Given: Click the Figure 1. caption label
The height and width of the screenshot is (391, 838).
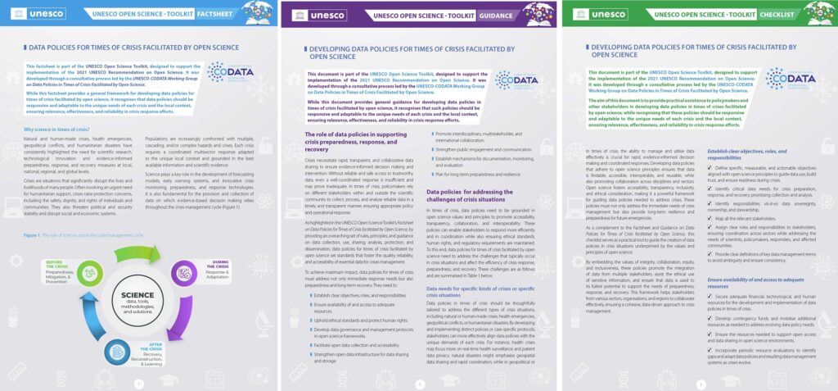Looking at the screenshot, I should coord(38,235).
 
